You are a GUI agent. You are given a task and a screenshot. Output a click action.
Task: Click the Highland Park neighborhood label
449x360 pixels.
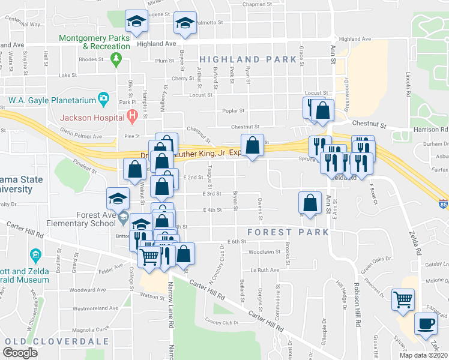[248, 59]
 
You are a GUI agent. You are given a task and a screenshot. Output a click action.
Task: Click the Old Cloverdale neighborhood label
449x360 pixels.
[56, 341]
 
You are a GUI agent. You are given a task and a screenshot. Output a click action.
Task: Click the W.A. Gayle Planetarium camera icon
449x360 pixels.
[104, 98]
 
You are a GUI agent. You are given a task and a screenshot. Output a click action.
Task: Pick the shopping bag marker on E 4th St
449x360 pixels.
[310, 202]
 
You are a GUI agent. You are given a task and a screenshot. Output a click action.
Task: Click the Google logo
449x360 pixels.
[21, 353]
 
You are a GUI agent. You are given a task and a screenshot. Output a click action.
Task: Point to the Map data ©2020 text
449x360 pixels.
[422, 355]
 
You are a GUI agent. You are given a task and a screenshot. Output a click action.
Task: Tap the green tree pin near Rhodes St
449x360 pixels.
[118, 59]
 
